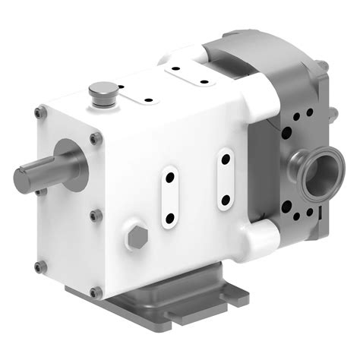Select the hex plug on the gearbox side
pos(137,237)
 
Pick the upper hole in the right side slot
pos(226,160)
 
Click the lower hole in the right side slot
pos(226,200)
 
